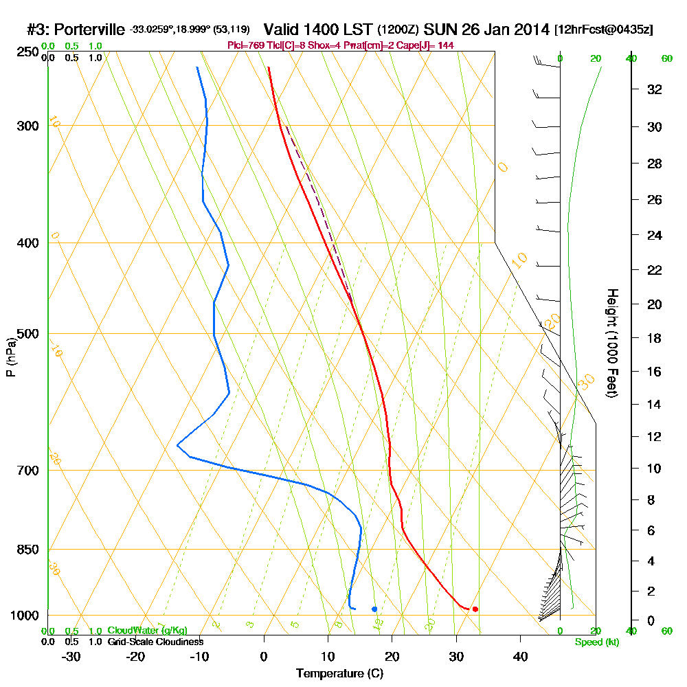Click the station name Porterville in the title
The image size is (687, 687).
[x=89, y=30]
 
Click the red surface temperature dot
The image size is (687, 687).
[x=475, y=609]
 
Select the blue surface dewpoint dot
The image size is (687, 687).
[x=374, y=609]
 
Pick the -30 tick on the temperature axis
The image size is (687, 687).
[x=71, y=656]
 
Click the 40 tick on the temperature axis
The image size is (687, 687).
[x=520, y=656]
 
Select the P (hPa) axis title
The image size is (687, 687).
[x=10, y=357]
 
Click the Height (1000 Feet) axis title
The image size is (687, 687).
[x=611, y=342]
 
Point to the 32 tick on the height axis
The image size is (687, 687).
[x=654, y=89]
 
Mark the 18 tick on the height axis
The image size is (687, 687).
[x=654, y=338]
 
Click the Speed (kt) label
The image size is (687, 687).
[x=596, y=642]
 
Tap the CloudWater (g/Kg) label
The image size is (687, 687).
[x=147, y=631]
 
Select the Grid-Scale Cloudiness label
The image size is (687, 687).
[x=155, y=642]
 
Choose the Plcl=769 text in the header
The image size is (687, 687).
[x=243, y=45]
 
